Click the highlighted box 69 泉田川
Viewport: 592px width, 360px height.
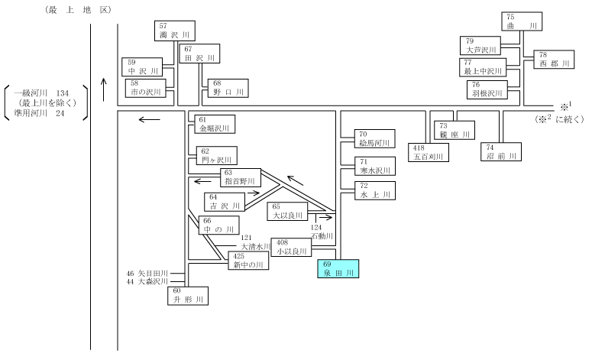pyautogui.click(x=338, y=268)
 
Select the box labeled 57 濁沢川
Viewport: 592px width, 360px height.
pyautogui.click(x=175, y=31)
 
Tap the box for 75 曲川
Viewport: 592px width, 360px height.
pyautogui.click(x=522, y=21)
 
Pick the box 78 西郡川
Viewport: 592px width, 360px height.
pyautogui.click(x=554, y=60)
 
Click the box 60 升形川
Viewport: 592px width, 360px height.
pyautogui.click(x=188, y=296)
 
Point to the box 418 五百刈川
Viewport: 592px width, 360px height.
pyautogui.click(x=429, y=152)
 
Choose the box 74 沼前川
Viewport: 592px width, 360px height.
pyautogui.click(x=501, y=151)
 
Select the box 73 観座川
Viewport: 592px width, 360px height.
pyautogui.click(x=455, y=130)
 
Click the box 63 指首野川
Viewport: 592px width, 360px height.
pyautogui.click(x=241, y=177)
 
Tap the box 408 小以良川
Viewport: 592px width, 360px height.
pyautogui.click(x=291, y=247)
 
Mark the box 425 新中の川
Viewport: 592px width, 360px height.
pyautogui.click(x=248, y=261)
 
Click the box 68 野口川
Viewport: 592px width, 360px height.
pyautogui.click(x=228, y=88)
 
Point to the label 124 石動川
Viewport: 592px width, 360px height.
pyautogui.click(x=322, y=232)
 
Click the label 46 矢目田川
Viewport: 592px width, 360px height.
pyautogui.click(x=147, y=273)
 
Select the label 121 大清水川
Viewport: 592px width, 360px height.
pyautogui.click(x=255, y=242)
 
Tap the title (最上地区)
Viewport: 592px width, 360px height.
pyautogui.click(x=78, y=10)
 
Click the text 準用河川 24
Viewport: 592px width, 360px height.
pyautogui.click(x=39, y=113)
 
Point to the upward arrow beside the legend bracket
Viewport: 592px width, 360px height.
pyautogui.click(x=104, y=89)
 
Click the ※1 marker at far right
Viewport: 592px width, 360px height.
pyautogui.click(x=566, y=105)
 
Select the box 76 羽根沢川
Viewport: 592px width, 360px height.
pyautogui.click(x=487, y=89)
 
